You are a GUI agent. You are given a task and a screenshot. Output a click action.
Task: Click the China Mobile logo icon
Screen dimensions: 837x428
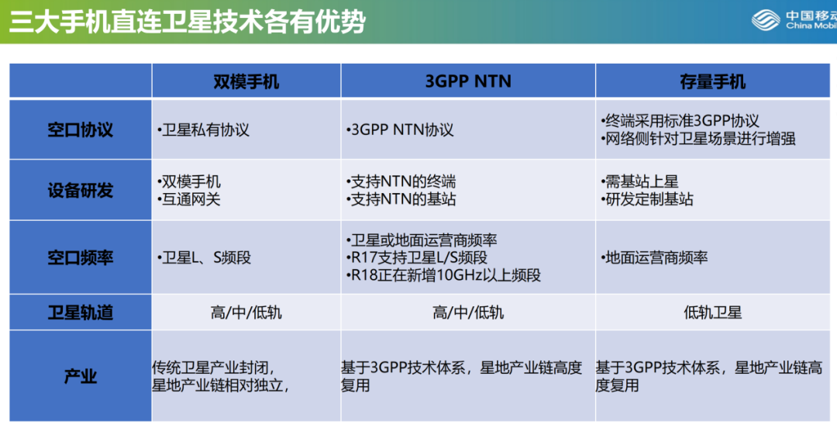(x=766, y=20)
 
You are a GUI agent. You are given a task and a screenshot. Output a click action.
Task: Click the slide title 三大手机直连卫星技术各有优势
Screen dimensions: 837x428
(x=188, y=22)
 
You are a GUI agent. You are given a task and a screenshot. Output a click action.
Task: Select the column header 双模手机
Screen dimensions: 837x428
(x=246, y=81)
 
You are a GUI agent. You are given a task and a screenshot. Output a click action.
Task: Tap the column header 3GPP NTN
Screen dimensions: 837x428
(x=468, y=81)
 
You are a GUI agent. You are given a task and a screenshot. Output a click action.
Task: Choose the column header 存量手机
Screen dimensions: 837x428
(x=713, y=81)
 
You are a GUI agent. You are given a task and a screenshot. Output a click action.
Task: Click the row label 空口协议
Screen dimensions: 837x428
(x=80, y=129)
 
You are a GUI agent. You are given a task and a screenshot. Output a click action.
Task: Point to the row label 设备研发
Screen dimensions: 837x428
(x=80, y=190)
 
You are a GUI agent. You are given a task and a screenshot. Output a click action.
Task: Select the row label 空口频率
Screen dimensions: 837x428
(x=80, y=257)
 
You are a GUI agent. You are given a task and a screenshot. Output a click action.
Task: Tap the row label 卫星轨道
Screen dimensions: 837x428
(x=80, y=312)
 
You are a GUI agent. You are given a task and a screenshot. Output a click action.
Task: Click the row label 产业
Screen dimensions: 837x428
(x=80, y=376)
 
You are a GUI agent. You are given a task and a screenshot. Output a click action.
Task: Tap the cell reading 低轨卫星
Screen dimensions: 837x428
(x=713, y=312)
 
